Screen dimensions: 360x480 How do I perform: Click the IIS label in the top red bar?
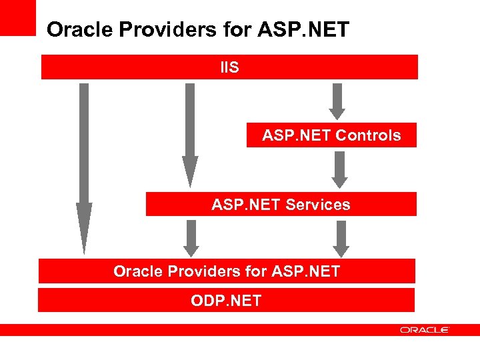point(229,67)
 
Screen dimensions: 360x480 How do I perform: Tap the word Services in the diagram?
point(317,205)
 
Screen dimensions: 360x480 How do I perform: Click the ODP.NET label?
point(226,301)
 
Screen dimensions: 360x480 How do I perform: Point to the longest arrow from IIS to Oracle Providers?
point(84,167)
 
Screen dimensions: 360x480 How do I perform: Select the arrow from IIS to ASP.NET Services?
point(190,133)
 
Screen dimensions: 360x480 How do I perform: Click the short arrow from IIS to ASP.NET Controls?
point(337,100)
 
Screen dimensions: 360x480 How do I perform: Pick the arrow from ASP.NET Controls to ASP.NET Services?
point(340,169)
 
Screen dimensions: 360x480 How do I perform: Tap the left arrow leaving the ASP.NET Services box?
point(191,238)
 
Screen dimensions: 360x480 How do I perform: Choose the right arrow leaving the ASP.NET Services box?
point(341,238)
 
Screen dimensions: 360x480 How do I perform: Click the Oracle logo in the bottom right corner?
point(425,329)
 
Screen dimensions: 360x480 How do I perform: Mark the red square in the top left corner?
point(17,17)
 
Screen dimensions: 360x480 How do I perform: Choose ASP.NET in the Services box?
point(247,205)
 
